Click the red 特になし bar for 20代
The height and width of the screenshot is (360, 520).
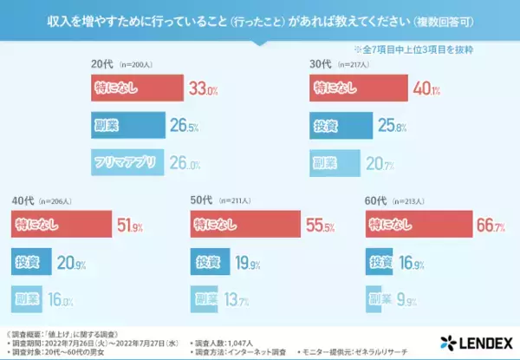click(137, 87)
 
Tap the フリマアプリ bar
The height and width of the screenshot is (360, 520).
click(129, 161)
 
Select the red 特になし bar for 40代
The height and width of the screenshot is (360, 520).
click(60, 226)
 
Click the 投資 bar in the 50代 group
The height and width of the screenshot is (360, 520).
click(211, 263)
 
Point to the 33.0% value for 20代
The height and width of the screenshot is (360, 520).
click(203, 87)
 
